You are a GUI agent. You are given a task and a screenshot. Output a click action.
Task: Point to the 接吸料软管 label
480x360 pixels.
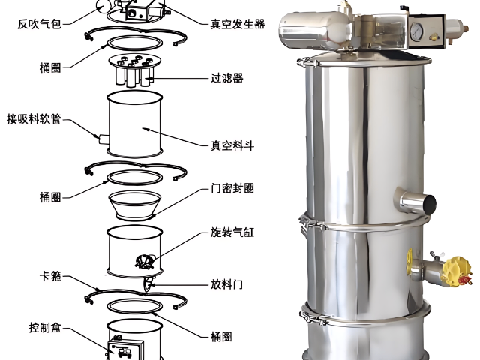[x=34, y=119]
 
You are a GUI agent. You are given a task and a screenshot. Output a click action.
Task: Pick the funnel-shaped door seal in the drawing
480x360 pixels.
[x=135, y=202]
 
